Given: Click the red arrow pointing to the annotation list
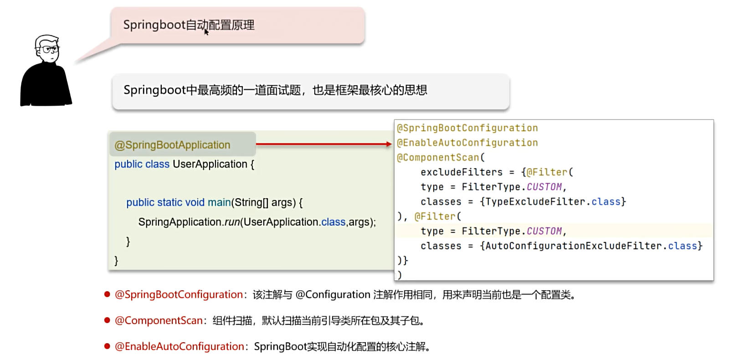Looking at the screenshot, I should pos(323,144).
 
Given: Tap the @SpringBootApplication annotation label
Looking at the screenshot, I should pos(172,145).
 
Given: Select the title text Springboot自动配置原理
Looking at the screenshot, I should pos(189,25).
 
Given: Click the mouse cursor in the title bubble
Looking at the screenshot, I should pos(206,31).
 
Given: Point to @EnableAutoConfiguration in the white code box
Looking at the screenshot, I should pos(467,143).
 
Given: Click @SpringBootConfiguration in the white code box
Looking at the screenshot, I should pos(467,128).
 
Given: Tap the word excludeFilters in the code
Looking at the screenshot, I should pos(461,172).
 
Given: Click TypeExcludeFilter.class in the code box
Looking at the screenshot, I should pos(553,202).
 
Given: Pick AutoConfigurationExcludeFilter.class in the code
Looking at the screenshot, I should pos(591,246).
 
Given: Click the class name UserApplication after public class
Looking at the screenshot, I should pos(210,164).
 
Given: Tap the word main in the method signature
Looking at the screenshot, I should pos(219,202).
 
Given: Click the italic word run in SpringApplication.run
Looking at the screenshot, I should pos(232,222).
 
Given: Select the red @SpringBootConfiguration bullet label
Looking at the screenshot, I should pos(179,295).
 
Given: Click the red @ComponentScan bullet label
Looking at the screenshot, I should pos(159,321).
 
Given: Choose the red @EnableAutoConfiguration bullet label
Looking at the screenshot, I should pos(180,347).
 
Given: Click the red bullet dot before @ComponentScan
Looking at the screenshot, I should pos(107,320).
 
